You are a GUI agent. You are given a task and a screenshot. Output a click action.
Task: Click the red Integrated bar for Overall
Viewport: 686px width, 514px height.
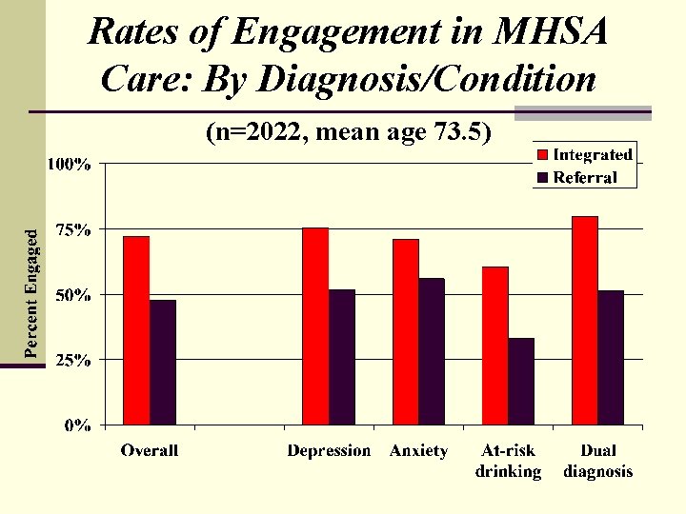[x=136, y=329]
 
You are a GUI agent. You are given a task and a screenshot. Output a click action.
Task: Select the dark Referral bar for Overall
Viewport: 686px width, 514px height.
[x=163, y=362]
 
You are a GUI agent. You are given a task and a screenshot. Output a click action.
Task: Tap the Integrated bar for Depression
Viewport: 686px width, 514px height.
[x=314, y=326]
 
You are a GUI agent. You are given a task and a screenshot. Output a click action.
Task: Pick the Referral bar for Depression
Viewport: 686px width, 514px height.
[x=341, y=357]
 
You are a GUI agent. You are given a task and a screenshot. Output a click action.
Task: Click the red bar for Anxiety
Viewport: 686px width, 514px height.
[x=406, y=331]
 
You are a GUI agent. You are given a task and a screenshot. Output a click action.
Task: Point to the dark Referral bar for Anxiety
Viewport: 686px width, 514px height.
[x=432, y=351]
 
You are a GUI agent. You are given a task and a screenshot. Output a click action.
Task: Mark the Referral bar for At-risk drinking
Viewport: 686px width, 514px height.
[x=521, y=381]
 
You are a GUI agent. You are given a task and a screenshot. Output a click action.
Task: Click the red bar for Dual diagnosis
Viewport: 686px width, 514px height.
[x=585, y=320]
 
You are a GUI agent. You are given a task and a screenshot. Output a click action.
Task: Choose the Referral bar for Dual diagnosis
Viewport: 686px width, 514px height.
[x=611, y=357]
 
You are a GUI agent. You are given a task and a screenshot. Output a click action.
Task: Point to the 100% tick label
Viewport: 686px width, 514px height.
[x=70, y=164]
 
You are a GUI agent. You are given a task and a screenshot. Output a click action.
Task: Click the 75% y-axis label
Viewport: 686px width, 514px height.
[x=72, y=229]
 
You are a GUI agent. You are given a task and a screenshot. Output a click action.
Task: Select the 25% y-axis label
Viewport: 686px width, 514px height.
[x=72, y=361]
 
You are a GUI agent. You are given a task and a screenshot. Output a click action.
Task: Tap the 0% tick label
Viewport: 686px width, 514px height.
[x=77, y=425]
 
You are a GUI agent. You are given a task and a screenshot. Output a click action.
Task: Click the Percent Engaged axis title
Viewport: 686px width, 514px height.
[x=32, y=294]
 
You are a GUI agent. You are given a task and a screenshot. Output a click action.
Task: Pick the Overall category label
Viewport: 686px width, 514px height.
[x=149, y=450]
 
